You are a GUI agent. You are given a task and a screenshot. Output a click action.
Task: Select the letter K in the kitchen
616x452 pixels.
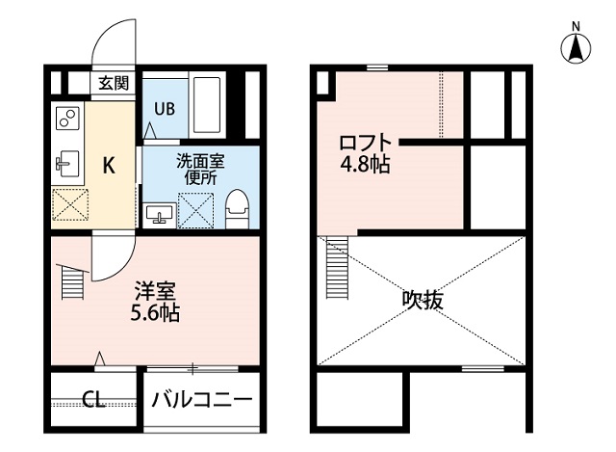click(109, 166)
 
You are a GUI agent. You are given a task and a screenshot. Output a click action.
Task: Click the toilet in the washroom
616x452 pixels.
click(237, 208)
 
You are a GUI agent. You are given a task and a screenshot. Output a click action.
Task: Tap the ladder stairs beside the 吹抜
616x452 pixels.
click(336, 270)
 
